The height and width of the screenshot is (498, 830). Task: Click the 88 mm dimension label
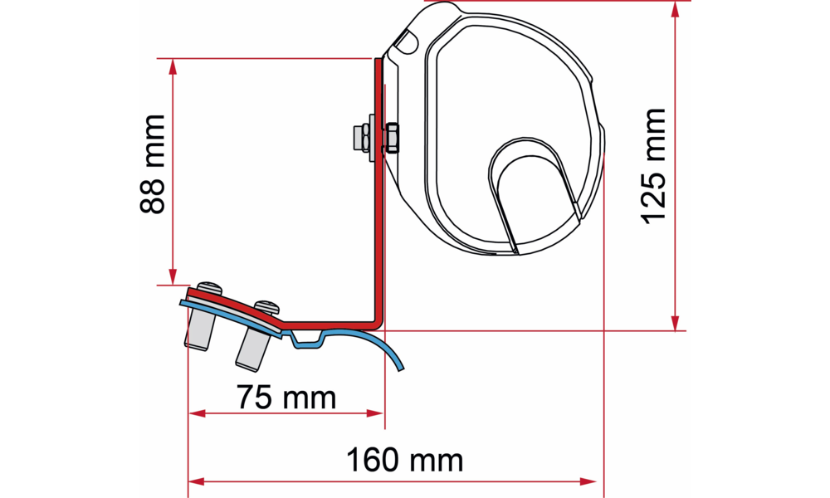[153, 164]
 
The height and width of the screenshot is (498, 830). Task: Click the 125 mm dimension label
[653, 166]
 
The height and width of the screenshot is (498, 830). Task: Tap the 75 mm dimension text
[286, 398]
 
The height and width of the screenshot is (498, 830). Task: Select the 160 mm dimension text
[405, 460]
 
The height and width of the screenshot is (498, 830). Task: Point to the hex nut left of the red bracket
[364, 138]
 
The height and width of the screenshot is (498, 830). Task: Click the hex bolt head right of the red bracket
[392, 138]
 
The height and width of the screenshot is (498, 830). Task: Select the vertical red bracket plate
[378, 191]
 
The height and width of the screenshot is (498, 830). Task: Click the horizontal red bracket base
[328, 324]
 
